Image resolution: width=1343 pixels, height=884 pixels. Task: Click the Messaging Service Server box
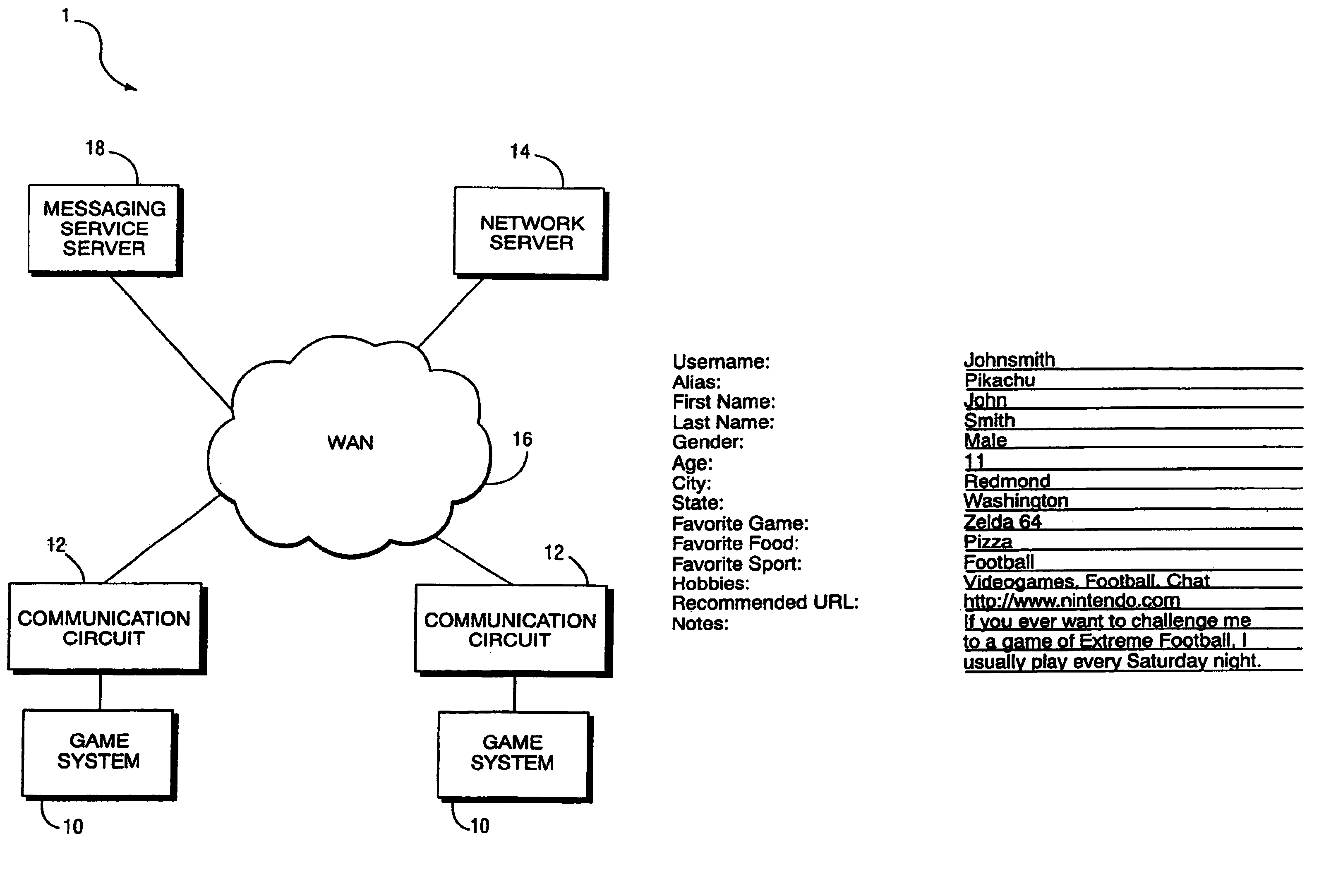point(105,230)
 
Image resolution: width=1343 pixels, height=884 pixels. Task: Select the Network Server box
point(531,233)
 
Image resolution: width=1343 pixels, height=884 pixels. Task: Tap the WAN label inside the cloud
point(350,442)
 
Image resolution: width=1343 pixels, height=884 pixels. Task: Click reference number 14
point(520,151)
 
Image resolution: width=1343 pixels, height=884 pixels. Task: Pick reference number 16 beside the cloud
point(522,439)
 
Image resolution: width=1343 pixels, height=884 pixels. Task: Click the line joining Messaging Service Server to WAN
point(172,343)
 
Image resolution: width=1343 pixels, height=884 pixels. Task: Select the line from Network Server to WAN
point(450,313)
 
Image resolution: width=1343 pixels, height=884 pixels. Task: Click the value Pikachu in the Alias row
point(999,380)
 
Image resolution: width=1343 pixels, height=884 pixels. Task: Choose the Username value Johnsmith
point(1009,360)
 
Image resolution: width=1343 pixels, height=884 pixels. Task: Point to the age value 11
point(974,461)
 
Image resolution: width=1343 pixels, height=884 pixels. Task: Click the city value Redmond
point(1007,481)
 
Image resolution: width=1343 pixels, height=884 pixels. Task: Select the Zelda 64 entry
point(1002,521)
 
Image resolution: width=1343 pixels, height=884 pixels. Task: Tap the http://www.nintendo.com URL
point(1072,600)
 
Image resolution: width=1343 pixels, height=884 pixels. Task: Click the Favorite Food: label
point(735,544)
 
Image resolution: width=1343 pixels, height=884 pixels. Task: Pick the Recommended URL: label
point(765,603)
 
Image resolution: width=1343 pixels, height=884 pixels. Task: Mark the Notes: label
point(700,624)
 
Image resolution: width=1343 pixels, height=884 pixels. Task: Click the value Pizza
point(988,542)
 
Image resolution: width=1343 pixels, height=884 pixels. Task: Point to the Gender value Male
point(985,440)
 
